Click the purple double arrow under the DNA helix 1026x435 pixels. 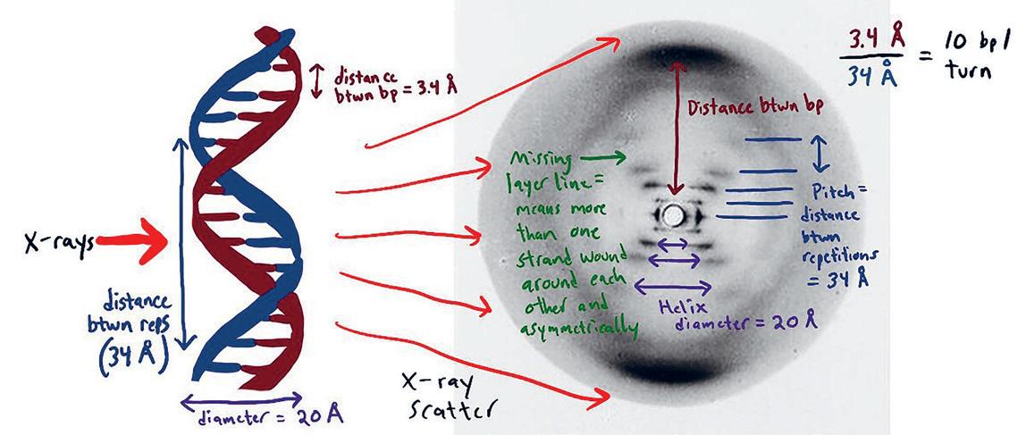(243, 397)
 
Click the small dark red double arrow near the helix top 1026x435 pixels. (314, 81)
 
